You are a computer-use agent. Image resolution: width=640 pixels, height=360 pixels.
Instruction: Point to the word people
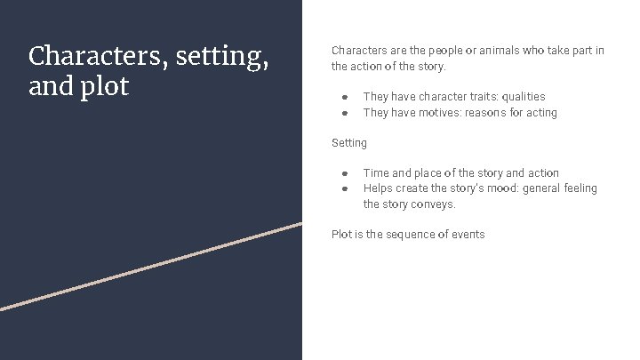tap(443, 51)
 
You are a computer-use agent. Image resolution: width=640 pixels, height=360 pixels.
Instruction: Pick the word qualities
tap(524, 97)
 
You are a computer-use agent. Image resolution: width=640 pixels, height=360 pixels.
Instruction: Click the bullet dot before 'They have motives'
tap(344, 113)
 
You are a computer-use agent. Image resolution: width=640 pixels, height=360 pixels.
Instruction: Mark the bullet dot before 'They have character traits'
tap(344, 97)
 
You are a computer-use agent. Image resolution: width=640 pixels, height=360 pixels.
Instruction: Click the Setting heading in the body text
tap(349, 143)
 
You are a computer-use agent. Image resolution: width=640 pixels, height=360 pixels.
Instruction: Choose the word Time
tap(376, 173)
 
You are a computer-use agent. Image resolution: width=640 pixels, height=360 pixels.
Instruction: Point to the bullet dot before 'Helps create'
tap(344, 188)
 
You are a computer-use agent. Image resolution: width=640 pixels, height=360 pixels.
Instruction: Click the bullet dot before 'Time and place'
tap(344, 173)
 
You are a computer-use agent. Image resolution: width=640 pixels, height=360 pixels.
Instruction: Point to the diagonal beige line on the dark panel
tap(151, 266)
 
